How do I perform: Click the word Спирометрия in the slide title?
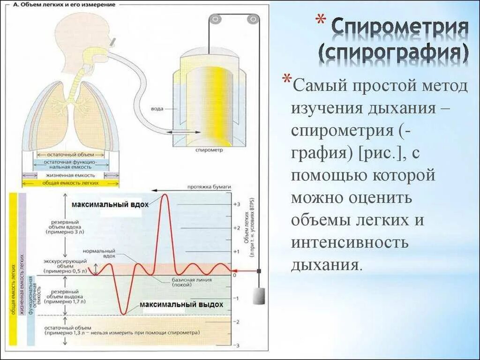point(399,29)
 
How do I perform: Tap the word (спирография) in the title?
point(393,54)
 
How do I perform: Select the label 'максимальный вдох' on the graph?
point(110,205)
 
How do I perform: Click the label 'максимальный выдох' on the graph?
point(181,305)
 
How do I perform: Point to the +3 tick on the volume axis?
point(236,204)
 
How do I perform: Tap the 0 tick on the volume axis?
point(235,275)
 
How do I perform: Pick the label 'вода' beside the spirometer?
point(157,109)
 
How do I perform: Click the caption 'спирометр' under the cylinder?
point(209,151)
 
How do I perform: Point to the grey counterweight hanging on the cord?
point(258,296)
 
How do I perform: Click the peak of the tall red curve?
point(165,195)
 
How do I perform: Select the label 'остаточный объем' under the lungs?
point(71,154)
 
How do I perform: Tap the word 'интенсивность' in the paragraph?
point(350,243)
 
